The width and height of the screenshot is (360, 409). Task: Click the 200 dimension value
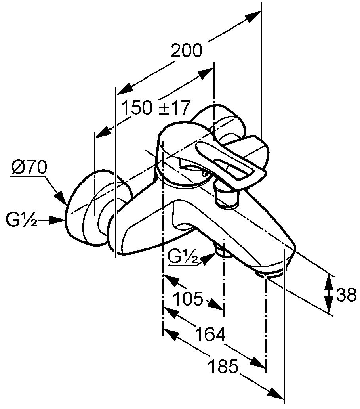pos(186,51)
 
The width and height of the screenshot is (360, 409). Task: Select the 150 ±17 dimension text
pos(156,107)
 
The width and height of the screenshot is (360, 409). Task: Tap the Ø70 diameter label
pos(29,167)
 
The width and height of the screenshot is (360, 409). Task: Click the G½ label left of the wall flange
pos(22,219)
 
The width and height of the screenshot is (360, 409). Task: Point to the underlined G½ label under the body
pos(183,258)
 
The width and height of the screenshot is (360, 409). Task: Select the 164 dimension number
pos(210,334)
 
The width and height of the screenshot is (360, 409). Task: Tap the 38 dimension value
pos(347,295)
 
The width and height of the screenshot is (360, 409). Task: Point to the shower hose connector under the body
pos(224,251)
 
